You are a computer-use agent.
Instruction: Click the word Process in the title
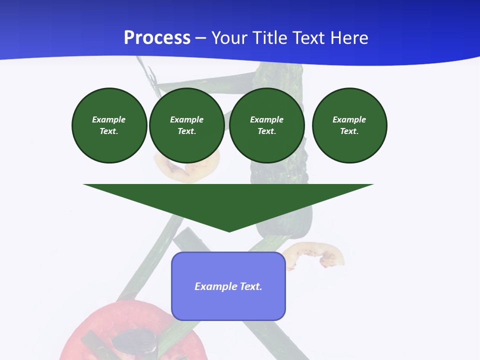(x=157, y=38)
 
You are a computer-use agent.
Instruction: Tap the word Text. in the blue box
(x=251, y=286)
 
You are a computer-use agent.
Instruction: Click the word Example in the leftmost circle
(x=109, y=120)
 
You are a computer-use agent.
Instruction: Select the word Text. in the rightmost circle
(x=349, y=131)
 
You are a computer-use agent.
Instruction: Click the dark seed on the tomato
(x=134, y=342)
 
